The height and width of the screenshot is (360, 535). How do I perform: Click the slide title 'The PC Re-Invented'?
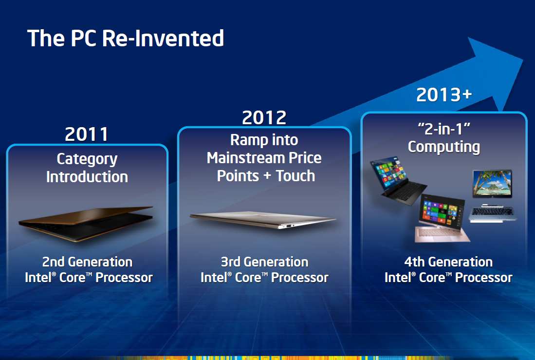tap(126, 38)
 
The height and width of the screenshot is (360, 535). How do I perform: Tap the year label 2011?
tap(87, 134)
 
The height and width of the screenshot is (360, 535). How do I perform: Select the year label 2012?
tap(264, 118)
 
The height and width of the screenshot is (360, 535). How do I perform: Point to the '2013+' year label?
tap(444, 95)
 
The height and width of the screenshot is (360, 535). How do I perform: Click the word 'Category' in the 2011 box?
tap(87, 159)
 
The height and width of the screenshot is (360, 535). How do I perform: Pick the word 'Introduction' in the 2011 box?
tap(87, 177)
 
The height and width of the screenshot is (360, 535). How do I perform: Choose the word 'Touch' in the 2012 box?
tap(295, 176)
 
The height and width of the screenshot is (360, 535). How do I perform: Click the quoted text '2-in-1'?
tap(444, 129)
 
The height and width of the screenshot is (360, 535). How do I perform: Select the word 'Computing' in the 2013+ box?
tap(444, 147)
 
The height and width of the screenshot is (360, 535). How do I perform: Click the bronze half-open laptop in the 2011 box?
tap(86, 224)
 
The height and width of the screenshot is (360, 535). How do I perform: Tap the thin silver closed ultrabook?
tap(263, 220)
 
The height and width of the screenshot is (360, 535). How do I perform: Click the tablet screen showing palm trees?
tap(492, 184)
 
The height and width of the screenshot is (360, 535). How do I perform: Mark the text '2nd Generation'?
tap(87, 262)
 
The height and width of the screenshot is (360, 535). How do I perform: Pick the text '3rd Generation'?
tap(264, 262)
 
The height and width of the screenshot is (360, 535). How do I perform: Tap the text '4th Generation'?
tap(448, 262)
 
